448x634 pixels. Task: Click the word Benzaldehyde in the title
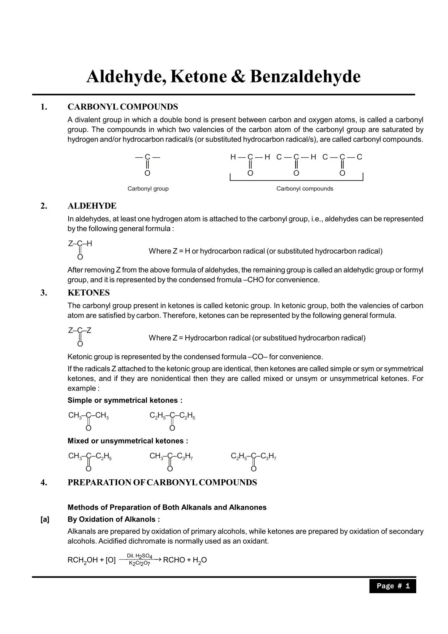305,77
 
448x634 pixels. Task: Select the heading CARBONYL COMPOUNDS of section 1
122,107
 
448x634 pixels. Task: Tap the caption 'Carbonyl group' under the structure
148,189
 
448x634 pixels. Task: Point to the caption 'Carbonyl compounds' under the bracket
305,189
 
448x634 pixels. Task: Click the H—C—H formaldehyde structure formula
250,164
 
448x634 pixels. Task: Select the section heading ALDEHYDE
92,206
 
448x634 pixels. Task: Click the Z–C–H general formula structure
80,249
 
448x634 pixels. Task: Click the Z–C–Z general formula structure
79,336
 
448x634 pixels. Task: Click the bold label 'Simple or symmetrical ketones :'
125,400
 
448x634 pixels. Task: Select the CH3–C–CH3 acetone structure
88,421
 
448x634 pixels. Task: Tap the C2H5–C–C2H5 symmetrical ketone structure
172,421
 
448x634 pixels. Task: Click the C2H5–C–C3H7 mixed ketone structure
253,461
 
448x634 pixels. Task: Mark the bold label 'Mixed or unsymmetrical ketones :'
128,441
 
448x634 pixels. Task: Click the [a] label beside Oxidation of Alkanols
45,519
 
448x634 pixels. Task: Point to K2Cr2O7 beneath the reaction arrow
139,564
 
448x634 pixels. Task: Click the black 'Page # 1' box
392,586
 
